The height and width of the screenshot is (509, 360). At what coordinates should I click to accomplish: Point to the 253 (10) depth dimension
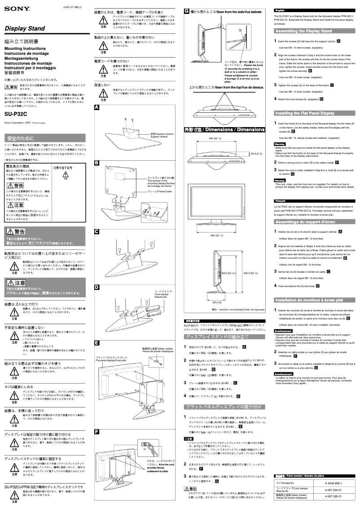(x=216, y=302)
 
